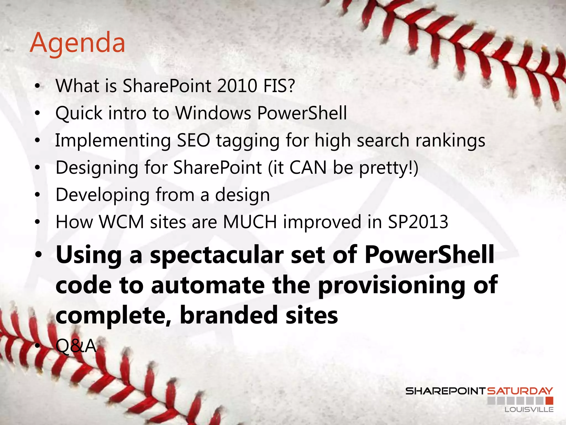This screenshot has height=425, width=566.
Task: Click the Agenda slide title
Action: pos(77,43)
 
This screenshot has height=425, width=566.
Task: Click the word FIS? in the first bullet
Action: pos(279,86)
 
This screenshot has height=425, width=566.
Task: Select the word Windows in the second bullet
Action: pos(213,113)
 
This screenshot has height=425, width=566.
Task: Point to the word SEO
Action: pos(193,140)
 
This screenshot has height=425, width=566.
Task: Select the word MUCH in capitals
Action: pos(250,222)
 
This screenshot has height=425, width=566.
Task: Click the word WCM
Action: pos(122,222)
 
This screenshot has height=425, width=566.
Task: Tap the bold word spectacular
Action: pos(217,255)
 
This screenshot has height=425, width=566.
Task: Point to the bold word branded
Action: pos(229,315)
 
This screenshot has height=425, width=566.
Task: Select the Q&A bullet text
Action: pos(76,346)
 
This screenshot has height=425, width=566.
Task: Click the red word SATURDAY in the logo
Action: pos(520,391)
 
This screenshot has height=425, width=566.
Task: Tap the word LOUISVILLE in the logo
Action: pos(529,410)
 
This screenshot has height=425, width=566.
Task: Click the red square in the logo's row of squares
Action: pos(549,400)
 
